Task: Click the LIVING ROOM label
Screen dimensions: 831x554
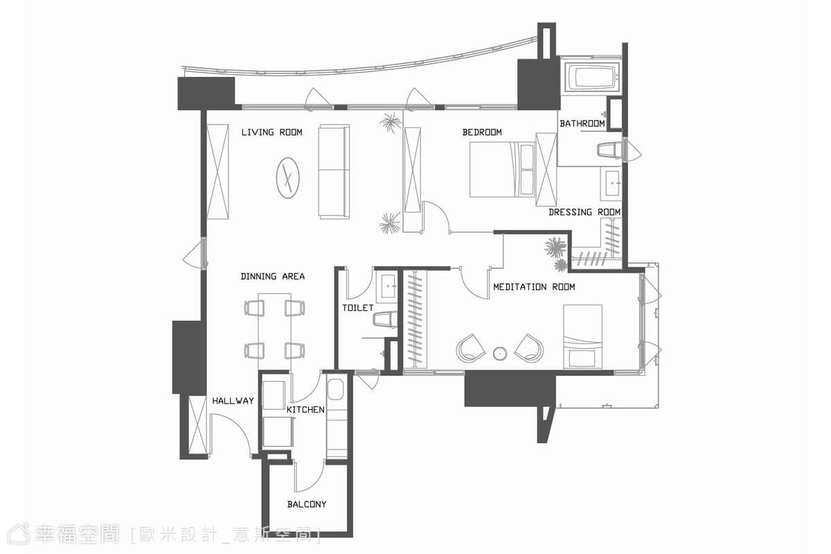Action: (x=272, y=132)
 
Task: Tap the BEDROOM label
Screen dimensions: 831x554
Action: (x=482, y=132)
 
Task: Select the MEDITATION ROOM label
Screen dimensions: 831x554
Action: (x=534, y=287)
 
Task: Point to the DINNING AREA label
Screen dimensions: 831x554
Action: (x=273, y=276)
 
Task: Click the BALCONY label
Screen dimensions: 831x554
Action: (x=307, y=504)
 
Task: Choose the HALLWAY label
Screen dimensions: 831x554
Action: (x=233, y=401)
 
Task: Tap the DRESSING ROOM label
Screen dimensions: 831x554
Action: (x=584, y=212)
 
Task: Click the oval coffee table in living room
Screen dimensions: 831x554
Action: (x=288, y=178)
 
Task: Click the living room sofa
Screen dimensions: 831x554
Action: (x=334, y=172)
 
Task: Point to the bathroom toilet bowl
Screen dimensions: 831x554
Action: (x=609, y=150)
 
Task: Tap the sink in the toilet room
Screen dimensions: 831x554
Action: (x=386, y=287)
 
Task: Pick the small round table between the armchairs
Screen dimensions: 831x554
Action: (x=500, y=354)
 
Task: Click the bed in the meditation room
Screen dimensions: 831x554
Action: (x=582, y=337)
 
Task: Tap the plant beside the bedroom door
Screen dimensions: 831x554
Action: (x=390, y=224)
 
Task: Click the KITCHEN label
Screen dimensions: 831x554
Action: (x=305, y=410)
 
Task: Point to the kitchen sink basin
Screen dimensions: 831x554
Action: (x=335, y=389)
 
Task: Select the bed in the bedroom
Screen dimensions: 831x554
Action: (x=502, y=170)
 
